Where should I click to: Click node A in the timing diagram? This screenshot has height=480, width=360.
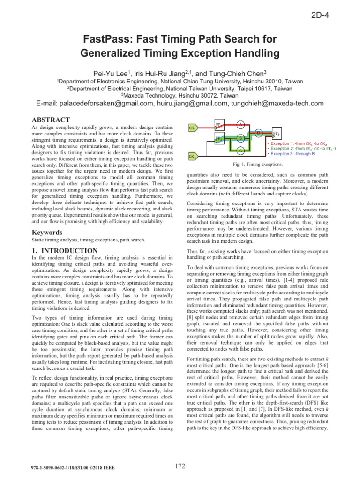[240, 124]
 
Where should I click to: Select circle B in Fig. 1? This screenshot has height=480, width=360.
[240, 138]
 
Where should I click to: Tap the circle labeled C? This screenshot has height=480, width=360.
[240, 150]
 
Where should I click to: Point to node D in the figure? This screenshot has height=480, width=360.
[259, 131]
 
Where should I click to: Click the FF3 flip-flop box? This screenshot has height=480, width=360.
[277, 134]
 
